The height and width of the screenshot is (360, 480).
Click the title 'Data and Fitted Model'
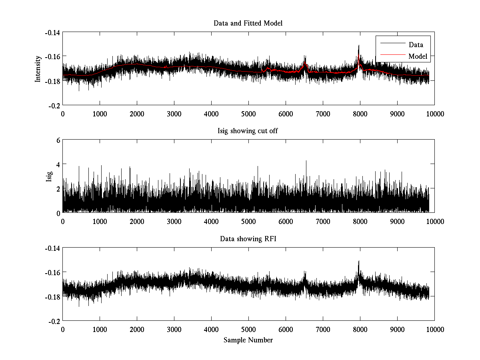(x=248, y=23)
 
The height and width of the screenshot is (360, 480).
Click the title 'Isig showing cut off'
(x=248, y=131)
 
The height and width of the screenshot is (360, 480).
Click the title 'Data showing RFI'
(x=248, y=239)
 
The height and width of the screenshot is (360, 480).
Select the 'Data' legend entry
(x=416, y=45)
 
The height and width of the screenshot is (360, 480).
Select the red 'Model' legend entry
(x=418, y=56)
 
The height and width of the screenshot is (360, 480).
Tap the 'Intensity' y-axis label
(x=38, y=69)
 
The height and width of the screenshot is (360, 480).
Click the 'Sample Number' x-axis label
(x=248, y=340)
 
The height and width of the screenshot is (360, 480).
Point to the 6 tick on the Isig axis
(x=58, y=140)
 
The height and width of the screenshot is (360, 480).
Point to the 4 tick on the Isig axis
(x=58, y=164)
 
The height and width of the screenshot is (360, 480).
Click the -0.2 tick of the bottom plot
(x=54, y=321)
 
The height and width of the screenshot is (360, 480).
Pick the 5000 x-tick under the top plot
(x=248, y=114)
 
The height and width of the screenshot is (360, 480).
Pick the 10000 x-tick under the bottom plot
(x=435, y=329)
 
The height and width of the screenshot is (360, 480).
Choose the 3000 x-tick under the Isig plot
(x=174, y=222)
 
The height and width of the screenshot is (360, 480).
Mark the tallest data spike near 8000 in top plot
(x=359, y=46)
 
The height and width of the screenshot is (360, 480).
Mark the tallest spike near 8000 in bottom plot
(x=359, y=261)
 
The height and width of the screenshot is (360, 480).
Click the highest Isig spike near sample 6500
(x=306, y=161)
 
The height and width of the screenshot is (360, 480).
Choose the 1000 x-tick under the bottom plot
(x=100, y=329)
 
